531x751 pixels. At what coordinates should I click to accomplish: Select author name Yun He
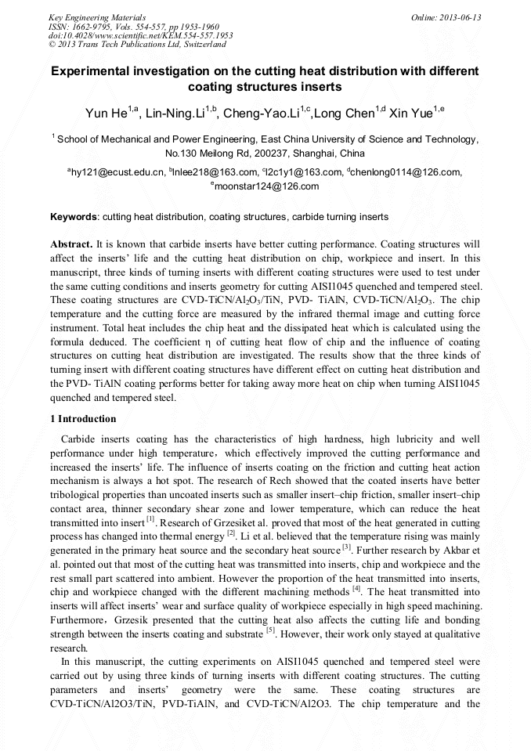[x=106, y=114]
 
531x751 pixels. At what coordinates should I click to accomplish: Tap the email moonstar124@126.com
[x=267, y=186]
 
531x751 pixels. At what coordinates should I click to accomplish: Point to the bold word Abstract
[x=71, y=244]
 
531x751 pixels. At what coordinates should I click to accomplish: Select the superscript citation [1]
[x=150, y=518]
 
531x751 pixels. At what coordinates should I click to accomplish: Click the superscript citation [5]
[x=270, y=629]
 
